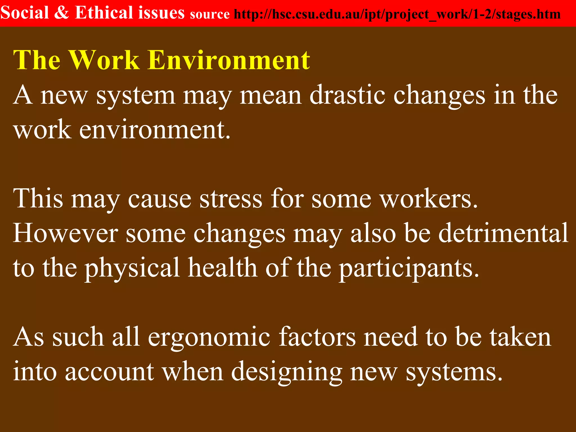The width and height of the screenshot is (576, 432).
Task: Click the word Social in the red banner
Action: [x=25, y=13]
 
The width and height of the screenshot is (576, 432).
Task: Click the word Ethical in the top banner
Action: [x=100, y=13]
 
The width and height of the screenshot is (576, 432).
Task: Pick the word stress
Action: [x=231, y=199]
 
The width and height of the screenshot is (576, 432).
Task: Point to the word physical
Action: [x=132, y=268]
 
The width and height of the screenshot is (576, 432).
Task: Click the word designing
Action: [x=287, y=372]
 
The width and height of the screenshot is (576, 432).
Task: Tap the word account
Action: [x=110, y=372]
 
